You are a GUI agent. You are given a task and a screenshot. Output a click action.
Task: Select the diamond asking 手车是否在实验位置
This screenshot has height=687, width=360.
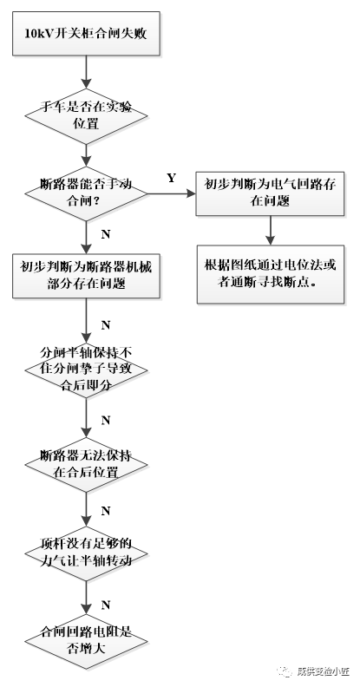[88, 115]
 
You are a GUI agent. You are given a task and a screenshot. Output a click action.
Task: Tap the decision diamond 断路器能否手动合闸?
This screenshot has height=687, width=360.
[88, 190]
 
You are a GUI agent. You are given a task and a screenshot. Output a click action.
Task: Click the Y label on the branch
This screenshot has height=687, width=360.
[171, 178]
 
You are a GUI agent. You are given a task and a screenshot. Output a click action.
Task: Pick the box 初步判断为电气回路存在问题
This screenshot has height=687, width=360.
[272, 192]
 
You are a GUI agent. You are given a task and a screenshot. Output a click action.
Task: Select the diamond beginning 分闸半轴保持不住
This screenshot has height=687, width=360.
[88, 367]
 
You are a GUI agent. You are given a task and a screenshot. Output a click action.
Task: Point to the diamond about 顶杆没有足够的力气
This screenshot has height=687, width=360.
[88, 553]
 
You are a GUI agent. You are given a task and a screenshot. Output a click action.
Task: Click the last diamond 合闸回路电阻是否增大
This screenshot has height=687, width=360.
[88, 640]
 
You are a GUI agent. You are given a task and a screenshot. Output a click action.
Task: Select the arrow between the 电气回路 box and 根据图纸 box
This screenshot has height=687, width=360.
[272, 230]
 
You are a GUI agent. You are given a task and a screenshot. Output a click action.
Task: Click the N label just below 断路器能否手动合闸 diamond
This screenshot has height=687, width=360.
[105, 233]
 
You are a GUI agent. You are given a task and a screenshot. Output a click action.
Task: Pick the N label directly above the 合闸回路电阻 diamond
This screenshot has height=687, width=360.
[105, 603]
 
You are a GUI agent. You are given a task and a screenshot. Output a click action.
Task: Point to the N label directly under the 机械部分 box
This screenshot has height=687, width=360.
[105, 324]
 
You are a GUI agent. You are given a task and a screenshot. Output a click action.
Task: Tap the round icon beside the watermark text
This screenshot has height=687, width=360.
[284, 671]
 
